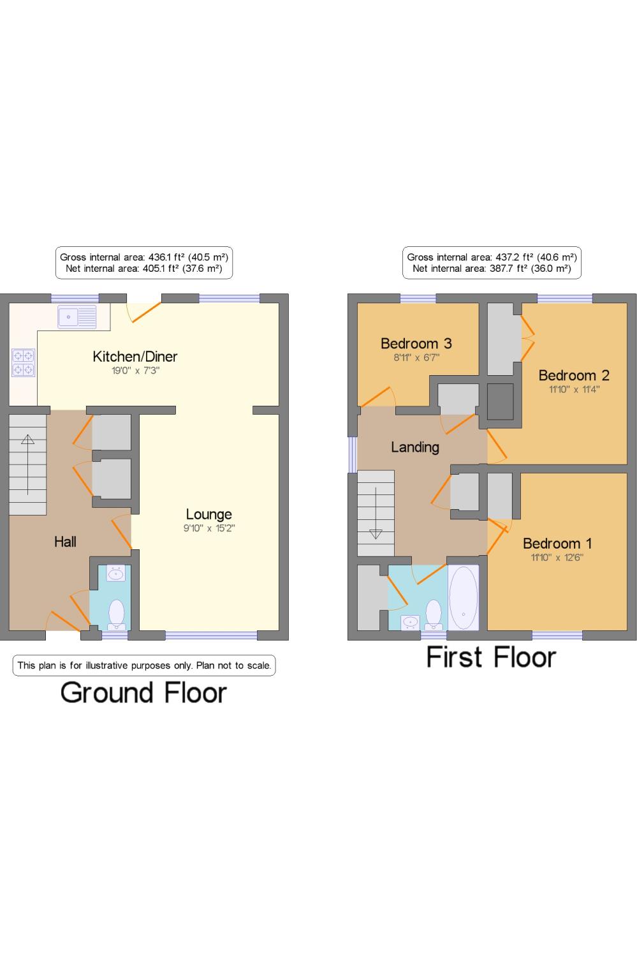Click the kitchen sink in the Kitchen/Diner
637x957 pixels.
click(x=77, y=316)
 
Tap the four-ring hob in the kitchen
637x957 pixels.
click(x=24, y=362)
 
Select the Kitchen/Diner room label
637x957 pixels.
click(x=135, y=356)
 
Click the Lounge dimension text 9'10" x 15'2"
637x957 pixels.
click(x=209, y=528)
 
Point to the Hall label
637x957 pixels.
click(x=65, y=542)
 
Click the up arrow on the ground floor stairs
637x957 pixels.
click(x=28, y=464)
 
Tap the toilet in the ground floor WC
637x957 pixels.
click(x=116, y=615)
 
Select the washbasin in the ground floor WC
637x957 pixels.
click(x=115, y=574)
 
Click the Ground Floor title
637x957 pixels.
click(x=143, y=692)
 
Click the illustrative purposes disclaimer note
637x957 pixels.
click(x=144, y=665)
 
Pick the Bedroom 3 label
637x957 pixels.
click(x=416, y=343)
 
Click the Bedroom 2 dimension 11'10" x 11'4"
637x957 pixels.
click(x=575, y=389)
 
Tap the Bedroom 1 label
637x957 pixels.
click(x=557, y=544)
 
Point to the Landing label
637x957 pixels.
click(x=415, y=447)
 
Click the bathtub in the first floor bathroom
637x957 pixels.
click(x=463, y=598)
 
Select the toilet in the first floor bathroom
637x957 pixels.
click(x=434, y=615)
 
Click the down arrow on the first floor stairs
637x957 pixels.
click(x=376, y=513)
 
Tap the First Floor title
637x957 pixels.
click(x=492, y=657)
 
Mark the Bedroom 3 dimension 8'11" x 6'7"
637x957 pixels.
click(x=416, y=357)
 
